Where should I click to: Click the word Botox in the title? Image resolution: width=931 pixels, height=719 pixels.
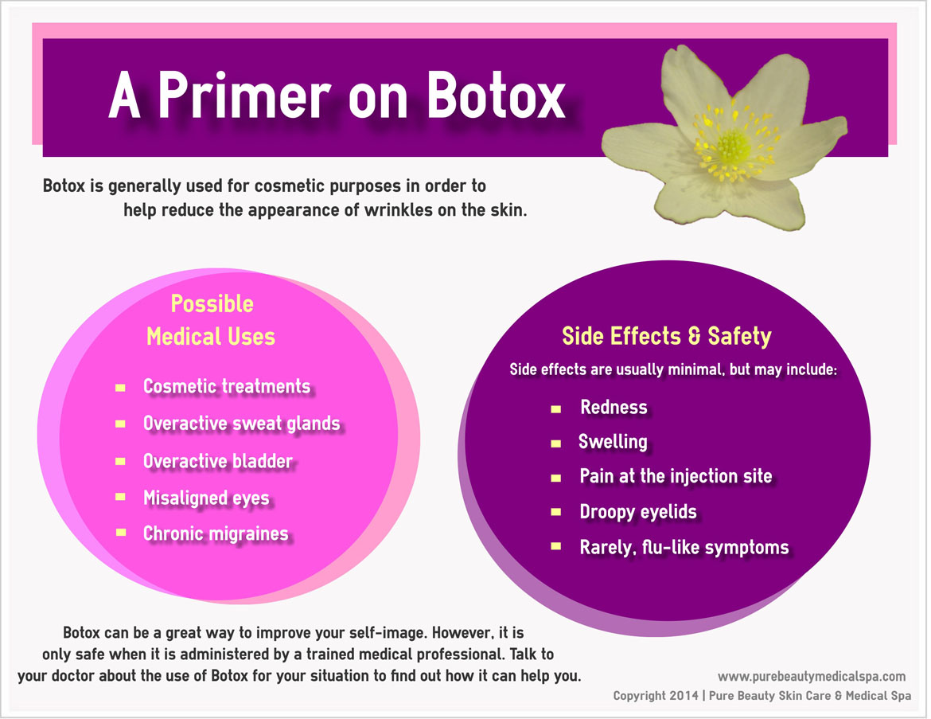[496, 96]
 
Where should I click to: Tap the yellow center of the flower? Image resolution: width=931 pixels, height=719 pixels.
[734, 147]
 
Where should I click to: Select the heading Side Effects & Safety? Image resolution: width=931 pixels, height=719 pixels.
[667, 336]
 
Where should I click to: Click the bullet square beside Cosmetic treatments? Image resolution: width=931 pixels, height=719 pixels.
[120, 388]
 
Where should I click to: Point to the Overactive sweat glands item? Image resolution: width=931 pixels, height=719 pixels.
[242, 423]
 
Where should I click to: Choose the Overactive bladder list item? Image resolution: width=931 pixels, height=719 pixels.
[218, 460]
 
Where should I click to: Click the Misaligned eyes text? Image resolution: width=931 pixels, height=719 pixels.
[206, 498]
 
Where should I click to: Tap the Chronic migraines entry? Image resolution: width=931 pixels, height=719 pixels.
[216, 533]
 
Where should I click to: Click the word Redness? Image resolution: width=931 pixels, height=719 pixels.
[614, 407]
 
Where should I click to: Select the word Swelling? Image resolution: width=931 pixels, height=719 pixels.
[613, 442]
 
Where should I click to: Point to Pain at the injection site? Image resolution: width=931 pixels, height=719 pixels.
[676, 476]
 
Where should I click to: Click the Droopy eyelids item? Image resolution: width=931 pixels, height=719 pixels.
[638, 512]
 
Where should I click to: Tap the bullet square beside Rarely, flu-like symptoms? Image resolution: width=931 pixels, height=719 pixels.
[555, 546]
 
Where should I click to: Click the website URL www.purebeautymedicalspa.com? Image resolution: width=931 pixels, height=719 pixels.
[812, 676]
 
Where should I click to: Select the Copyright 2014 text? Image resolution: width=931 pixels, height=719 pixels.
[656, 695]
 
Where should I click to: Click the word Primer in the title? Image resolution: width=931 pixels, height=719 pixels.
[244, 96]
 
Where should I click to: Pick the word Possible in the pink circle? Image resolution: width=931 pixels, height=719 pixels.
[212, 304]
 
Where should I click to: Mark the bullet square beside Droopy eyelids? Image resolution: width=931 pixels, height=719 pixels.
[555, 512]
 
